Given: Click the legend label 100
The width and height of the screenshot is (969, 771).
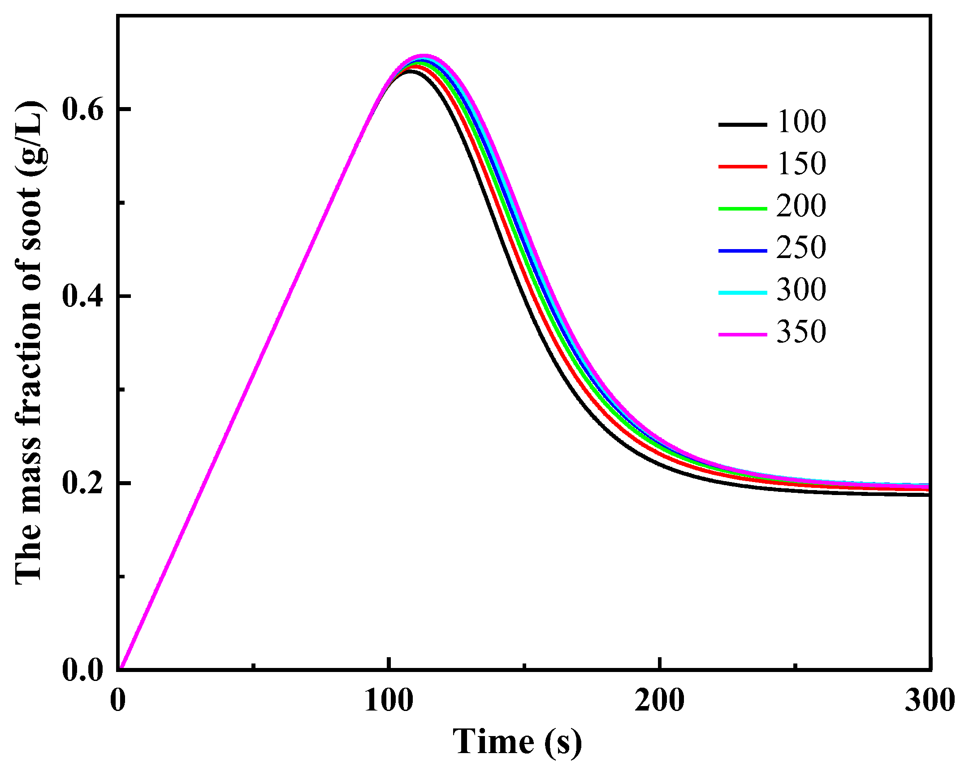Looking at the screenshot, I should (801, 122).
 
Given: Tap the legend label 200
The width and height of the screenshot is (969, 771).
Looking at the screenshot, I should (801, 206).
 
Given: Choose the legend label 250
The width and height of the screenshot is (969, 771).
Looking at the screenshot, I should (801, 248).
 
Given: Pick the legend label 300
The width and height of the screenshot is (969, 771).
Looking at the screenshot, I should (801, 289).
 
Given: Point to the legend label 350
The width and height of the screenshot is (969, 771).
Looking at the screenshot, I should (801, 332).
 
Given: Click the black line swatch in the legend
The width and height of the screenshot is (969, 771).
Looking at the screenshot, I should (743, 125).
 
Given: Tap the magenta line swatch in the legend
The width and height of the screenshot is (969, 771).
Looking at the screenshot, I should (743, 334).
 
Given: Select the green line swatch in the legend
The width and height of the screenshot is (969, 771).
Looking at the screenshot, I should (743, 208).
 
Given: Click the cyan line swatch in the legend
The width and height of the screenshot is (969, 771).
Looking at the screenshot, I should (743, 293).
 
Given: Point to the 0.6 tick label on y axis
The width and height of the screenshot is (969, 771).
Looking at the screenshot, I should (83, 109).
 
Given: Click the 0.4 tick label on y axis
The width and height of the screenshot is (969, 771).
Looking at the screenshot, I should (83, 296).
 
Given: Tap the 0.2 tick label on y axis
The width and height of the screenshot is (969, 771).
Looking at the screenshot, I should (83, 483).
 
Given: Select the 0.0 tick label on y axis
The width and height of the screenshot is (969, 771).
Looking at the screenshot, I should (83, 670).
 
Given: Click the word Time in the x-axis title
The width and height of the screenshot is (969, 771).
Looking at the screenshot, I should (493, 741).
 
